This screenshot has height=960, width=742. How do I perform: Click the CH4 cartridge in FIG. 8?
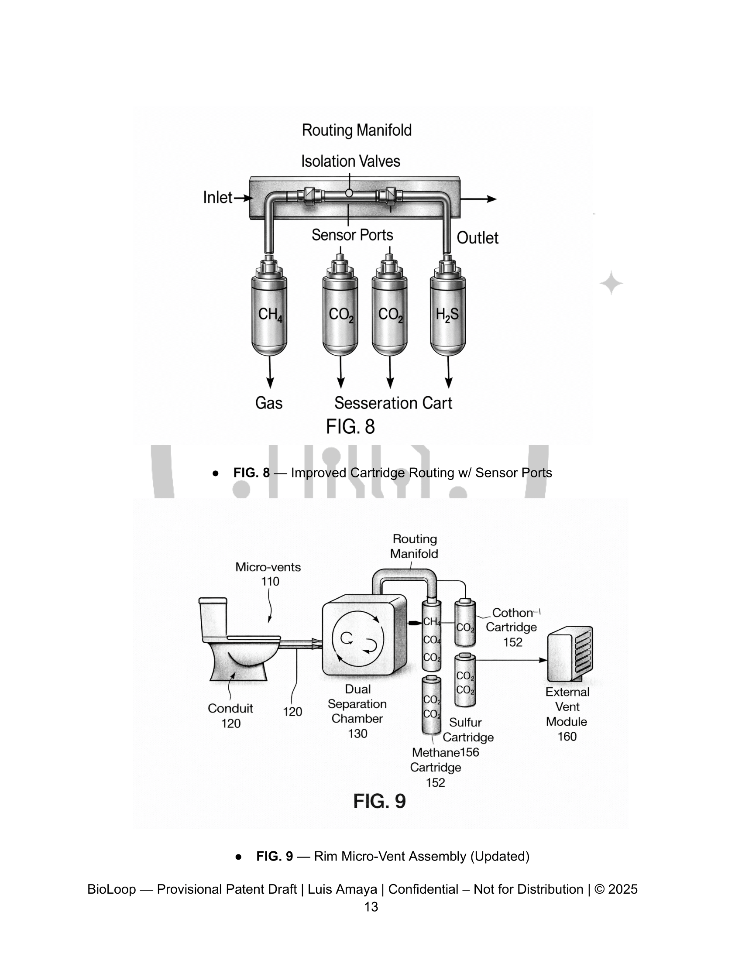click(269, 314)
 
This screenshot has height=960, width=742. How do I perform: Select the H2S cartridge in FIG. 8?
click(447, 314)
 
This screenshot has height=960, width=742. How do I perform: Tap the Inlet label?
click(218, 197)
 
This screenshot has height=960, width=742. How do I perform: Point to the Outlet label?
click(477, 238)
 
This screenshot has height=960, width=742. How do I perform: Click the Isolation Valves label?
click(350, 161)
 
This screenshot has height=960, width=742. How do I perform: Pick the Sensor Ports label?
click(352, 235)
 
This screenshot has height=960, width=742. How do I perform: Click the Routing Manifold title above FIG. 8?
click(357, 130)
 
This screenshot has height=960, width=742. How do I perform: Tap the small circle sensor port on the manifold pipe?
click(349, 193)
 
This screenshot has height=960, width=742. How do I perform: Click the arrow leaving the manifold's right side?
click(479, 199)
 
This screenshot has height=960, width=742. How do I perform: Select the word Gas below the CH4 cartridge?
click(268, 403)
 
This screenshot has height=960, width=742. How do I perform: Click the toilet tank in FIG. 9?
click(213, 617)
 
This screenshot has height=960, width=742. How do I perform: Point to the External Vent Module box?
click(570, 654)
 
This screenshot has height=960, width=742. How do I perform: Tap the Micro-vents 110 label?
click(268, 574)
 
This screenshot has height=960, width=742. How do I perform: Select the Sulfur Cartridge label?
click(467, 730)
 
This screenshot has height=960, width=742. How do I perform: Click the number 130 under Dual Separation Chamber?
click(357, 733)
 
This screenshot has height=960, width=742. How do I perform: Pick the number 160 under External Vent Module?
click(567, 736)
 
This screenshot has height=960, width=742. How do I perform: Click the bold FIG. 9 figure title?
click(379, 801)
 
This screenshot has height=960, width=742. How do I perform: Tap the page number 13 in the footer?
click(371, 907)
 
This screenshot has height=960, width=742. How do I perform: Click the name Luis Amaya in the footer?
click(342, 889)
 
